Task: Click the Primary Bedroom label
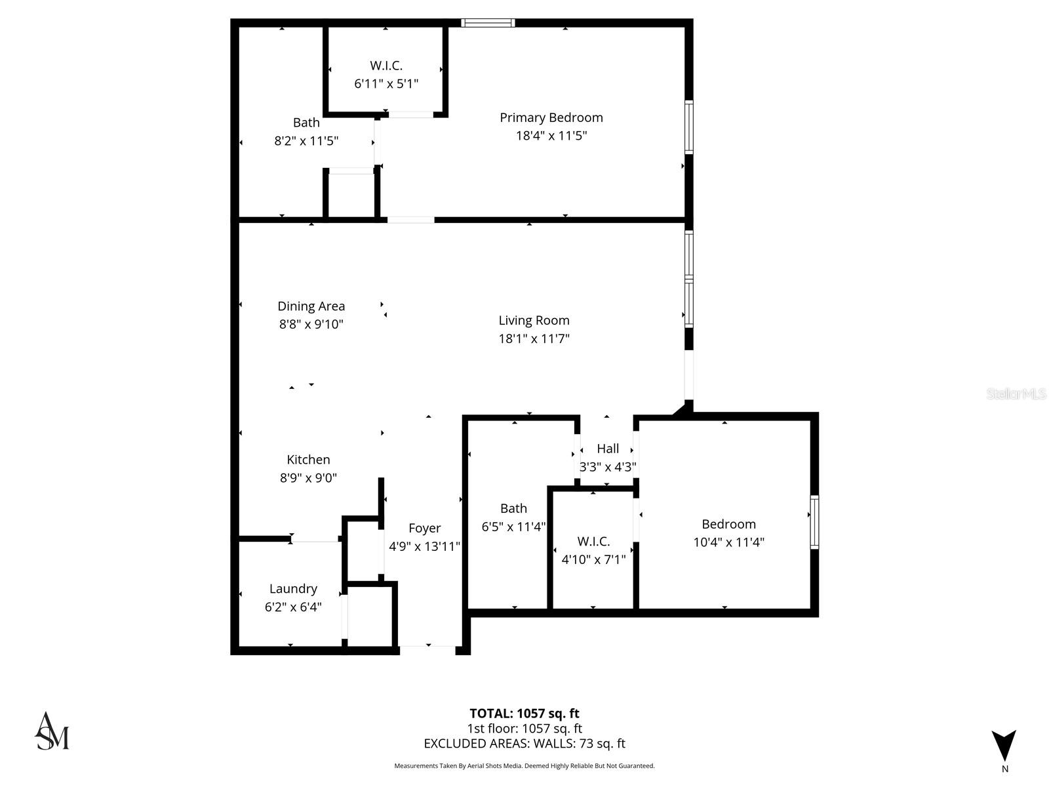[x=551, y=117]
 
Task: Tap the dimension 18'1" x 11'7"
[x=534, y=338]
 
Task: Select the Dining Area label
[x=311, y=306]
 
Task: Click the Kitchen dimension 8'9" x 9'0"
[x=308, y=478]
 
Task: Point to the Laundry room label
[x=293, y=589]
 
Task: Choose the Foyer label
[x=424, y=528]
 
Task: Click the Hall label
[x=608, y=449]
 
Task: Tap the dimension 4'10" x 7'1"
[x=593, y=559]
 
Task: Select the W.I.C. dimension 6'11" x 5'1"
[x=386, y=83]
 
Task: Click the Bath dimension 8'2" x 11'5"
[x=306, y=140]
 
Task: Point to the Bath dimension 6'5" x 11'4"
[x=513, y=526]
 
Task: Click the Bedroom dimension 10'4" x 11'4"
[x=728, y=542]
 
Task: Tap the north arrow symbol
[x=1004, y=746]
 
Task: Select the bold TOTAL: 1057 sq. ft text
[x=524, y=714]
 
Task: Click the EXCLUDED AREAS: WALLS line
[x=524, y=744]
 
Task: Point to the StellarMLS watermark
[x=1016, y=393]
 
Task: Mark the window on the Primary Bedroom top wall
[x=488, y=23]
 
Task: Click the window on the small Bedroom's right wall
[x=815, y=522]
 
